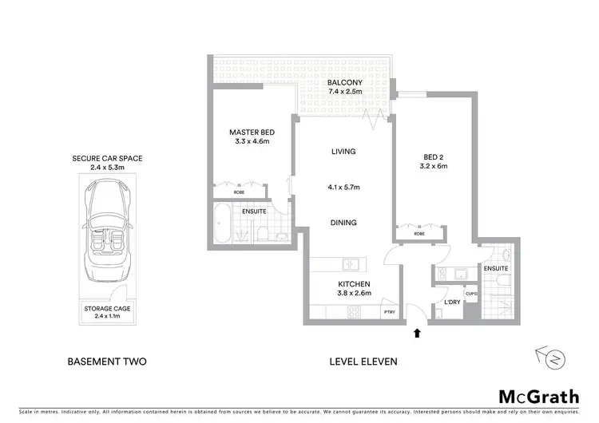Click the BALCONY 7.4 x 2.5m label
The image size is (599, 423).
pyautogui.click(x=345, y=87)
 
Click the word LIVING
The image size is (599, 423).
pyautogui.click(x=343, y=152)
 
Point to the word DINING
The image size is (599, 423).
pyautogui.click(x=343, y=223)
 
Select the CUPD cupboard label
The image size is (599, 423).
pyautogui.click(x=471, y=293)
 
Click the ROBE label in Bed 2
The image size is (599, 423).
pyautogui.click(x=420, y=235)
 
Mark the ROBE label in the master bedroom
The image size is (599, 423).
pyautogui.click(x=239, y=192)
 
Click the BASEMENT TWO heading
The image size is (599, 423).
pyautogui.click(x=107, y=362)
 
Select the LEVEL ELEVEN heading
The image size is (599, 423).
pyautogui.click(x=363, y=362)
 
